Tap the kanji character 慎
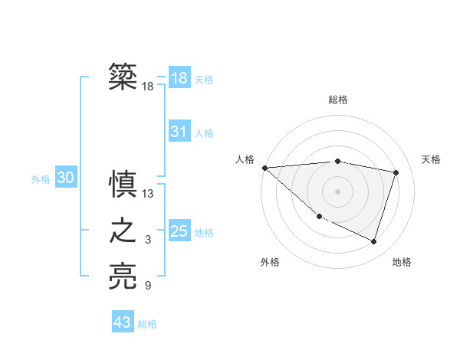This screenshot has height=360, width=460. [x=123, y=185]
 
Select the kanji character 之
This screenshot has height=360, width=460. [x=123, y=231]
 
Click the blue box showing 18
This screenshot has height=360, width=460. [x=179, y=78]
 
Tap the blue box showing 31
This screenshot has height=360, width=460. [x=179, y=132]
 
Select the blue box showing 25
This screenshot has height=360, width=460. [x=179, y=231]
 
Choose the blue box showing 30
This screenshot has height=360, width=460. [x=65, y=178]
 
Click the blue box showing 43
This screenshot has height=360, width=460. [x=123, y=322]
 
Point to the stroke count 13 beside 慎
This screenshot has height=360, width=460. [x=149, y=194]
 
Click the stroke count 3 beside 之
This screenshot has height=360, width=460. [x=148, y=241]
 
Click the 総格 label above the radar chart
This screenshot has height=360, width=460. [x=338, y=100]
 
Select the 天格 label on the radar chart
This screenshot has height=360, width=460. [x=432, y=159]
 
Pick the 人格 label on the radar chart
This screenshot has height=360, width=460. [x=245, y=159]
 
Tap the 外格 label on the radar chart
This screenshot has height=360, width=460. [x=270, y=262]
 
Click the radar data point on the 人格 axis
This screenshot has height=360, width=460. [x=264, y=168]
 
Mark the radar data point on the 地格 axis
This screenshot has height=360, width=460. [x=374, y=242]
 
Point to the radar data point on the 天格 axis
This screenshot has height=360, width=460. [x=396, y=172]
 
